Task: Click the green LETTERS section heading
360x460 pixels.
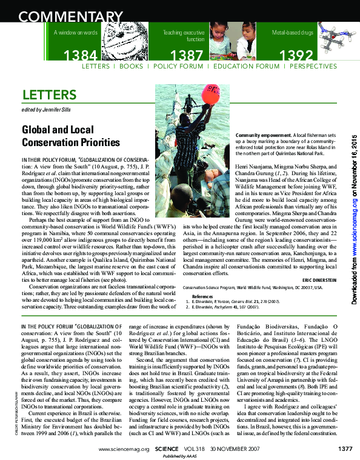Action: pos(49,95)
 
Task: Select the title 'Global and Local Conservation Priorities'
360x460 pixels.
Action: pos(72,136)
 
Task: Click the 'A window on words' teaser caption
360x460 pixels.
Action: pos(75,32)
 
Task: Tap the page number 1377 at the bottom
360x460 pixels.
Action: pos(345,449)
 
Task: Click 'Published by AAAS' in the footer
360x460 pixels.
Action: pos(180,456)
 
